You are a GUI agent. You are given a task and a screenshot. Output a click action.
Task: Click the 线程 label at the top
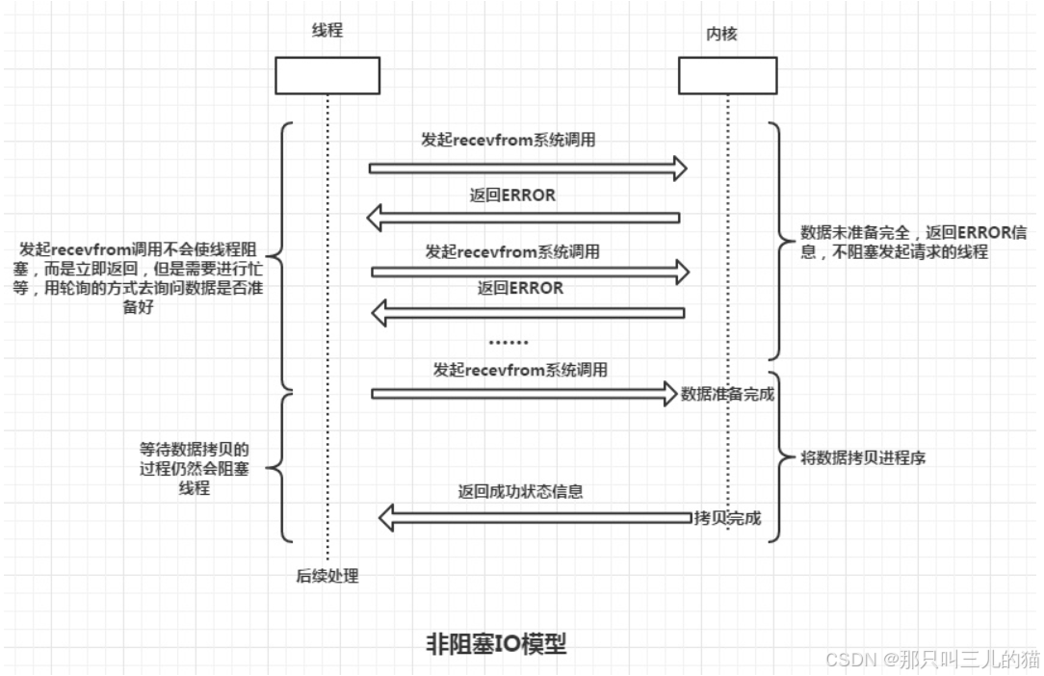click(326, 31)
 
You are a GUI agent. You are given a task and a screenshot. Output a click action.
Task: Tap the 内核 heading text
click(721, 35)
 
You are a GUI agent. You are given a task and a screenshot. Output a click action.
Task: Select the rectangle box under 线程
click(327, 75)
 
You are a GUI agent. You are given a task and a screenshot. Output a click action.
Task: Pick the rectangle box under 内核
click(727, 75)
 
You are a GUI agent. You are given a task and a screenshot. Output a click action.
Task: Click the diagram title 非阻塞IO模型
click(496, 643)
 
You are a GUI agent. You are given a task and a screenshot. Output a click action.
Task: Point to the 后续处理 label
click(327, 576)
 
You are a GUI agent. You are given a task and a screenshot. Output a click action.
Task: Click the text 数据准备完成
click(727, 394)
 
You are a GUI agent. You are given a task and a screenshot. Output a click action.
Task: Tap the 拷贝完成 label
click(727, 518)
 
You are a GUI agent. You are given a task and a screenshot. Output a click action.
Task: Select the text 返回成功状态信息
click(520, 491)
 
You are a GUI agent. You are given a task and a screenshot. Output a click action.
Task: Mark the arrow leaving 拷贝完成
click(535, 518)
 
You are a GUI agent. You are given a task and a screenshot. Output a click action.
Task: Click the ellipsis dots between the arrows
click(509, 341)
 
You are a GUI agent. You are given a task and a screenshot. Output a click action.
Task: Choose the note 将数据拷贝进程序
click(850, 457)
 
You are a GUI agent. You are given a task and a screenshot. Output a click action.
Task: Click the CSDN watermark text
click(932, 659)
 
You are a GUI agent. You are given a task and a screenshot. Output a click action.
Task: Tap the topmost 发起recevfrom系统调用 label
click(508, 140)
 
